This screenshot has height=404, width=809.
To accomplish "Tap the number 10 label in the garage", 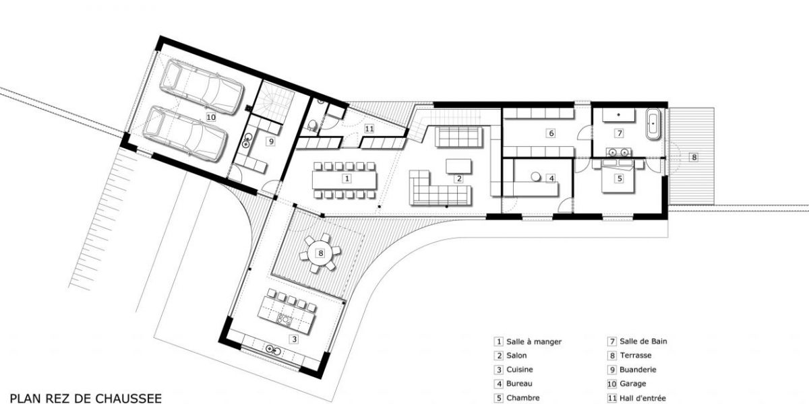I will pyautogui.click(x=211, y=116).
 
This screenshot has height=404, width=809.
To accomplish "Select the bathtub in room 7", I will pyautogui.click(x=654, y=123).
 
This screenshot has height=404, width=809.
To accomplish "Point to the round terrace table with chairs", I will pyautogui.click(x=320, y=253).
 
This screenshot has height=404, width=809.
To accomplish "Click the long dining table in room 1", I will pyautogui.click(x=344, y=179).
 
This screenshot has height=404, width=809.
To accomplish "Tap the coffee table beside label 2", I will pyautogui.click(x=460, y=165).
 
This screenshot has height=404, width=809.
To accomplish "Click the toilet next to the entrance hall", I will pyautogui.click(x=312, y=125).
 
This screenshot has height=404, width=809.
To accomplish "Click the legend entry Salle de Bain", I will pyautogui.click(x=643, y=341).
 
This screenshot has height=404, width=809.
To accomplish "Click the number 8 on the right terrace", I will pyautogui.click(x=694, y=157).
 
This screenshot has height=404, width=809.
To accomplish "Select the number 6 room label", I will pyautogui.click(x=551, y=133).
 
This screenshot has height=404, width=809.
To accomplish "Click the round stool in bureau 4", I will pyautogui.click(x=536, y=176).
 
